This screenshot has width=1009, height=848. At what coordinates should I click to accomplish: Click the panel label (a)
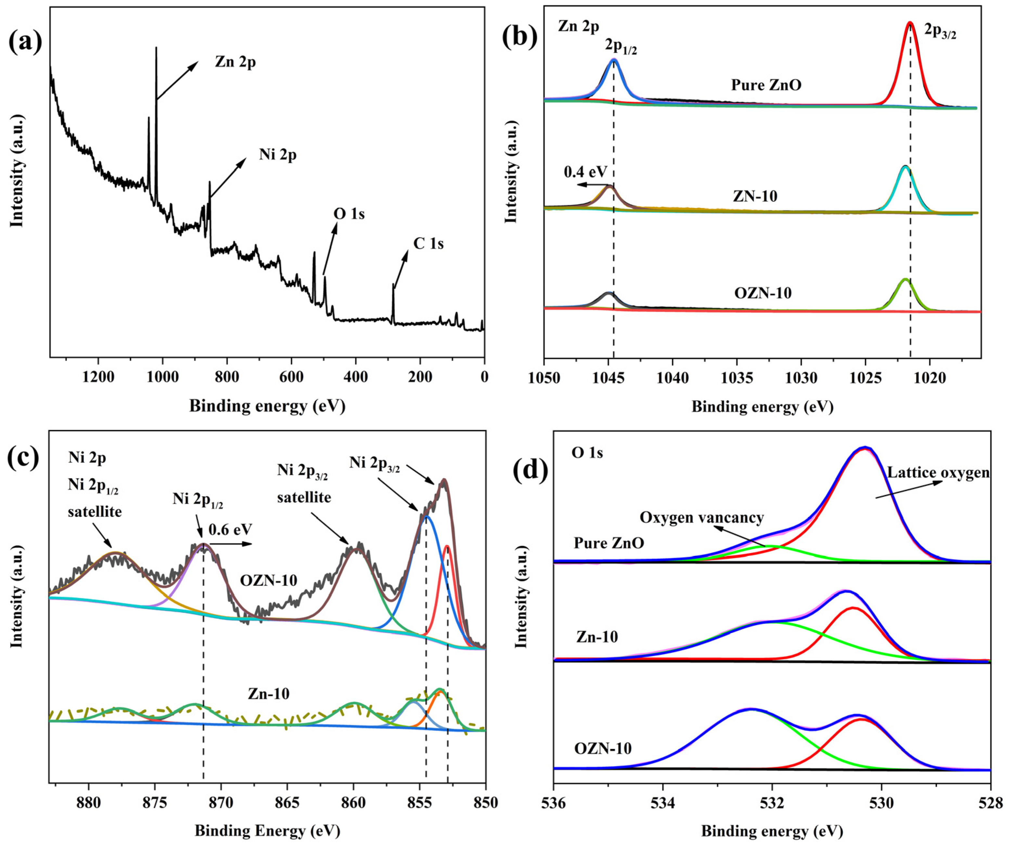click(x=25, y=42)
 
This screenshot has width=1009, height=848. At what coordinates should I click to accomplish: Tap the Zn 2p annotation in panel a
click(x=235, y=62)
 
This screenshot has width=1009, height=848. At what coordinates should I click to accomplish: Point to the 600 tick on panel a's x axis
click(x=291, y=377)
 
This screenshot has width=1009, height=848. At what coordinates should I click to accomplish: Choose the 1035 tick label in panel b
click(x=737, y=378)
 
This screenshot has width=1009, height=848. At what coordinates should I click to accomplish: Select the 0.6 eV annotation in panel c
click(x=230, y=529)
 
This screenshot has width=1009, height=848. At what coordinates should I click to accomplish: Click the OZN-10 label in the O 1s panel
click(x=602, y=749)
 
